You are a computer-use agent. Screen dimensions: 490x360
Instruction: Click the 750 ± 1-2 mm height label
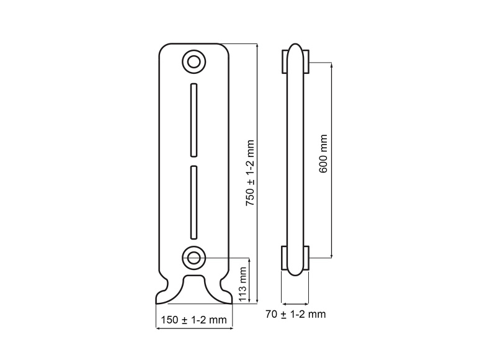pyautogui.click(x=251, y=173)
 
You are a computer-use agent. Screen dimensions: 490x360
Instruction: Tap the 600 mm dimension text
pyautogui.click(x=323, y=153)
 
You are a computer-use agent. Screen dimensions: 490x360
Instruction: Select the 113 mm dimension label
pyautogui.click(x=243, y=285)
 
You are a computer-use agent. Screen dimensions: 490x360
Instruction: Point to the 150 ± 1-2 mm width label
pyautogui.click(x=194, y=320)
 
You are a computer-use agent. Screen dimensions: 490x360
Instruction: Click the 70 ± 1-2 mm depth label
pyautogui.click(x=296, y=314)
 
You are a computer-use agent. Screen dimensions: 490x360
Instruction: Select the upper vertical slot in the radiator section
pyautogui.click(x=194, y=120)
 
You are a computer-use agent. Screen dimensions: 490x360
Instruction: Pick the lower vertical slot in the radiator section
pyautogui.click(x=194, y=203)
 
